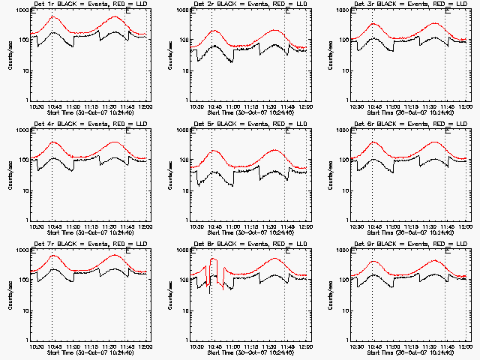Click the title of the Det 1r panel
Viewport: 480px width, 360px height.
pos(89,4)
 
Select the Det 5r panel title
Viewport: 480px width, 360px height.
pos(250,124)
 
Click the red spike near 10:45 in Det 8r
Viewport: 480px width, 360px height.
pos(214,259)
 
